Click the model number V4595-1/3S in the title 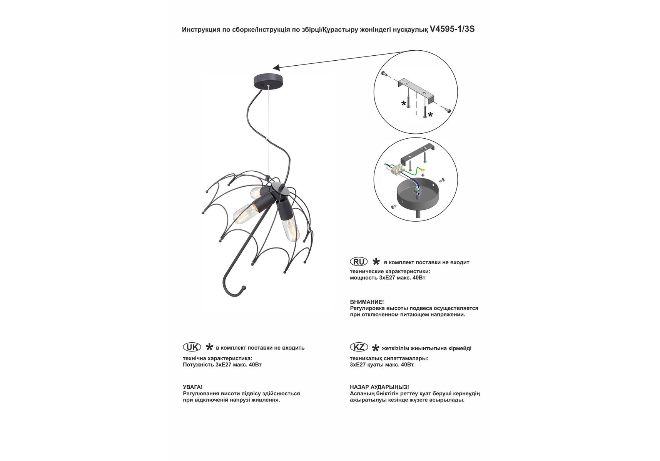click(452, 29)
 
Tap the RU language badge click(359, 262)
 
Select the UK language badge click(192, 347)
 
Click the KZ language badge click(359, 347)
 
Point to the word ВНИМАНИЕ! click(367, 302)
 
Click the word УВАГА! click(192, 387)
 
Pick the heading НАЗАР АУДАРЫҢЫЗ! click(379, 387)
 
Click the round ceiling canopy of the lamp click(268, 80)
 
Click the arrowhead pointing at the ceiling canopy click(276, 67)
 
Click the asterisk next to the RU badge click(376, 262)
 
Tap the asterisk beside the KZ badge click(376, 348)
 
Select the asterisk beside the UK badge click(209, 347)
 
